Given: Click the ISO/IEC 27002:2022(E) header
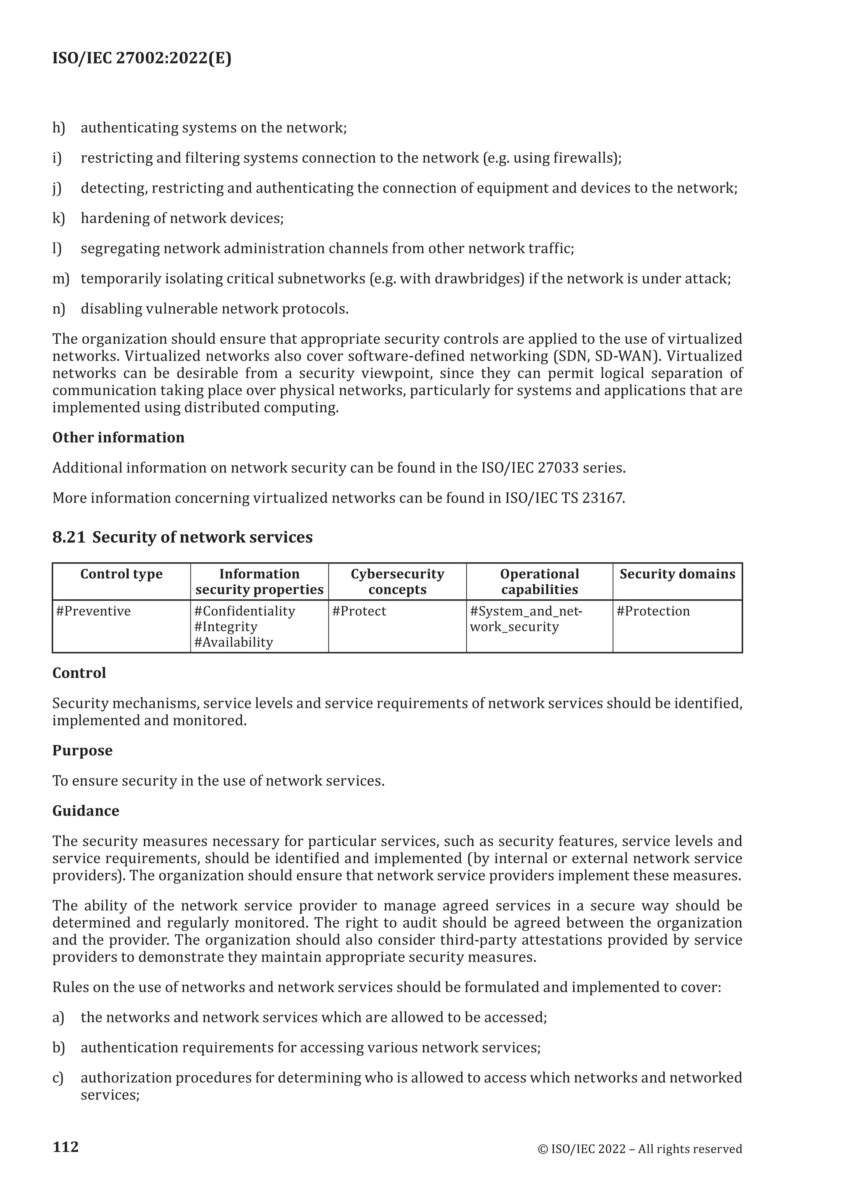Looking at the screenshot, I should click(142, 58).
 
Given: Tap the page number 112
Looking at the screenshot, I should click(65, 1147).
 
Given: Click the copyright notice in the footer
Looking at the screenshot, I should click(640, 1149).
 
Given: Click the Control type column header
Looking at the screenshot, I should click(121, 574).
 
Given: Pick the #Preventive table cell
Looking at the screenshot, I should click(93, 611).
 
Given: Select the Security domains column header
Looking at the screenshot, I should click(677, 574).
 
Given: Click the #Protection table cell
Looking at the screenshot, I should click(652, 611).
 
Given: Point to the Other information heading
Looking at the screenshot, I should click(119, 438).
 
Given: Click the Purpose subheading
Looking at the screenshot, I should click(82, 751).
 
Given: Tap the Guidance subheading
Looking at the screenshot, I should click(86, 811).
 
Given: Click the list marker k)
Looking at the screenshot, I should click(59, 218).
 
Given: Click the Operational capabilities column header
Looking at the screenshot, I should click(539, 582).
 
